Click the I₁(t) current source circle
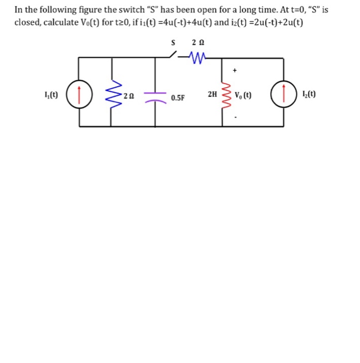pyautogui.click(x=79, y=95)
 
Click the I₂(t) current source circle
pyautogui.click(x=283, y=95)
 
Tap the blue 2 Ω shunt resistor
pyautogui.click(x=112, y=95)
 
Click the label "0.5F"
pyautogui.click(x=178, y=97)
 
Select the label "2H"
pyautogui.click(x=212, y=94)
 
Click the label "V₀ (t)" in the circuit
pyautogui.click(x=243, y=95)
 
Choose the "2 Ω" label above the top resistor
pyautogui.click(x=198, y=41)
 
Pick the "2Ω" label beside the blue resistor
pyautogui.click(x=129, y=96)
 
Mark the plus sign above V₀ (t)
pyautogui.click(x=235, y=69)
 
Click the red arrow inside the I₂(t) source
pyautogui.click(x=283, y=95)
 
